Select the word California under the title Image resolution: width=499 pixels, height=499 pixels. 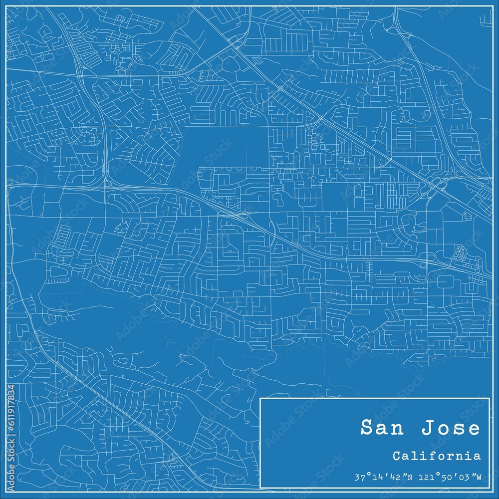[437, 456]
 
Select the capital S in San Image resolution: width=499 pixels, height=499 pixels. [366, 428]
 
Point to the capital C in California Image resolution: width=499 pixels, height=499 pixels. [396, 456]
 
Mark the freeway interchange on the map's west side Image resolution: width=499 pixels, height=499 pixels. [106, 183]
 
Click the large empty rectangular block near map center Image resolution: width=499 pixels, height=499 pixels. [220, 147]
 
